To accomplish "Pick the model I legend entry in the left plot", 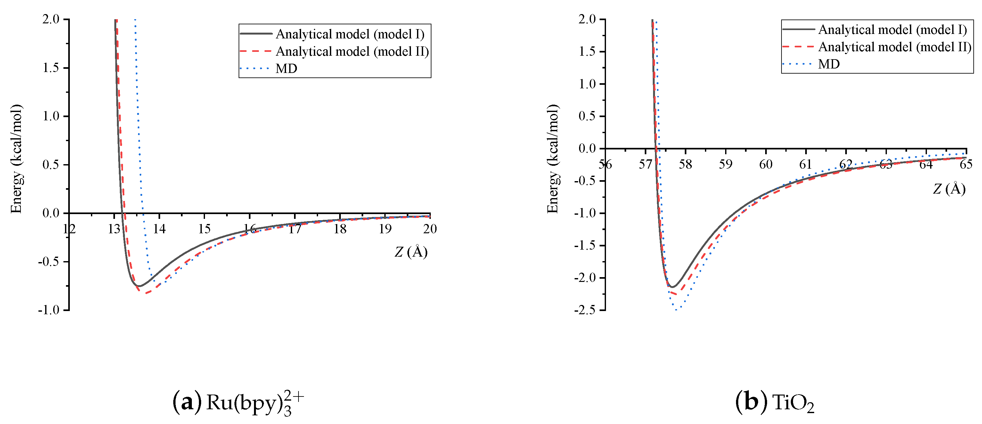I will (349, 34).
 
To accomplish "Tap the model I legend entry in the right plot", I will (892, 30).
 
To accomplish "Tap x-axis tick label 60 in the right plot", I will (765, 164).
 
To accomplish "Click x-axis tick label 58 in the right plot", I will (685, 164).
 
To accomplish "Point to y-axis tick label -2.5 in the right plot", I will (585, 310).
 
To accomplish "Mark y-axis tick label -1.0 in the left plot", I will (49, 310).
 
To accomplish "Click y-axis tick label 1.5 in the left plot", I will (51, 68).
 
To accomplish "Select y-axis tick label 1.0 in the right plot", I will (587, 84).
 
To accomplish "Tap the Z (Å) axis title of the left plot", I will (411, 252).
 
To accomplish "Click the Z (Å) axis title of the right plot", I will (949, 189).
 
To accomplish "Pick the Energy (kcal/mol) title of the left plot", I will (16, 159).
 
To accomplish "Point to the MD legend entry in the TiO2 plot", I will (829, 64).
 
